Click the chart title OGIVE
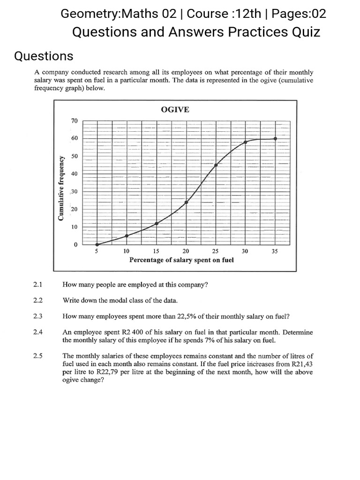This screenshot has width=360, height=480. pos(175,109)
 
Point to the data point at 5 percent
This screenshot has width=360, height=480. pos(97,244)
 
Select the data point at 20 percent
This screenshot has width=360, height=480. pos(186,202)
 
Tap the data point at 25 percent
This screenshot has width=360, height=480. pos(216,165)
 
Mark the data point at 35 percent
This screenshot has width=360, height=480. pos(275,138)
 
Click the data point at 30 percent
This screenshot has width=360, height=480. pos(245,142)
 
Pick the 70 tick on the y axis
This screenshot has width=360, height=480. pos(74,120)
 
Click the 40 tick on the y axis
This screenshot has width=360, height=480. pos(74,174)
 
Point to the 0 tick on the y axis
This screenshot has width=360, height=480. pos(75,245)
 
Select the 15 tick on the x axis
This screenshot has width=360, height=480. pos(156,251)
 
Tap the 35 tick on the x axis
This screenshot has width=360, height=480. pos(275,251)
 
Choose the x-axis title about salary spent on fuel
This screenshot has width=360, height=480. pos(181,259)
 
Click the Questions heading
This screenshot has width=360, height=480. pos(44,56)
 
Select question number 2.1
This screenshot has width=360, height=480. pos(38,285)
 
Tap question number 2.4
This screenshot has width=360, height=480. pos(38,332)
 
